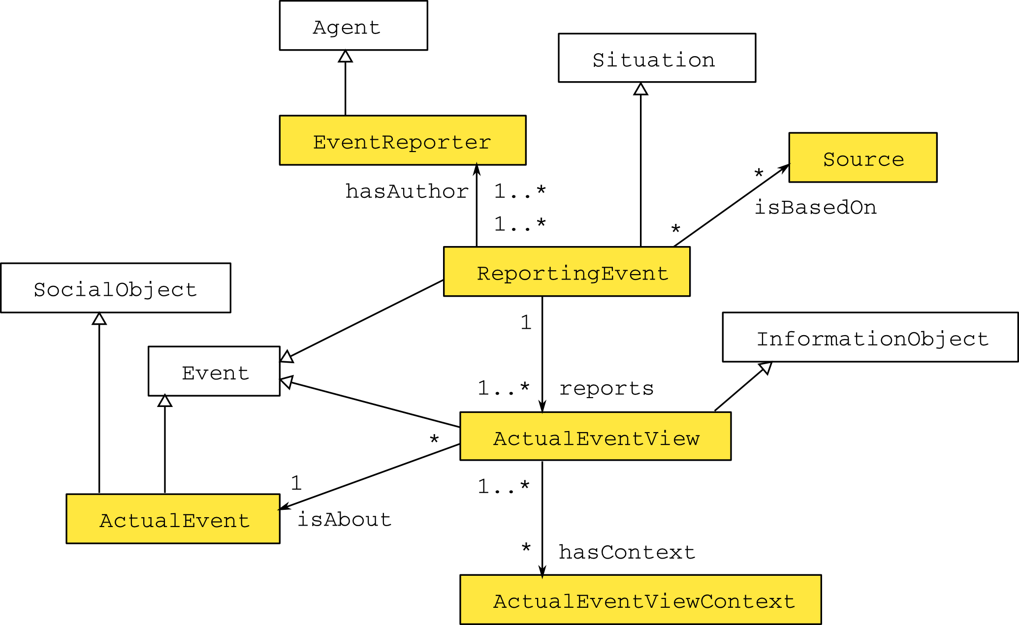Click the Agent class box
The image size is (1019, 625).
[353, 26]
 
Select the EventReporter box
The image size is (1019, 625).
[403, 140]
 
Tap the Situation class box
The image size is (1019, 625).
[657, 58]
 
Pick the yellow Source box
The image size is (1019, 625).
[863, 157]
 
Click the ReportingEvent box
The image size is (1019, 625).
[567, 272]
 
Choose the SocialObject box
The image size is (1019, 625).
[116, 288]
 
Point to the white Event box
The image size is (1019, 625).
[214, 371]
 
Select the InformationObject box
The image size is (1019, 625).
[870, 337]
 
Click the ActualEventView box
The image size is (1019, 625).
[596, 437]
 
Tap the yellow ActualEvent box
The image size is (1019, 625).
[173, 519]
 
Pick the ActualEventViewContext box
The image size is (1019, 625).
[641, 599]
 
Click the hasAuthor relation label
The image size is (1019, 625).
[407, 191]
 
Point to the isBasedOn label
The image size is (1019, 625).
[816, 207]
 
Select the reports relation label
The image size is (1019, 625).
[606, 388]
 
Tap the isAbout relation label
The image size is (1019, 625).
[344, 519]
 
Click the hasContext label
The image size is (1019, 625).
[627, 552]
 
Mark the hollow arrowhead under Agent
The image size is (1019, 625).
[346, 56]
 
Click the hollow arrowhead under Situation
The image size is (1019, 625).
[641, 89]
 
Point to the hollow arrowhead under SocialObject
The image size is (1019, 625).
[99, 318]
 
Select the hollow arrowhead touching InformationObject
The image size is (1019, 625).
[766, 368]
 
